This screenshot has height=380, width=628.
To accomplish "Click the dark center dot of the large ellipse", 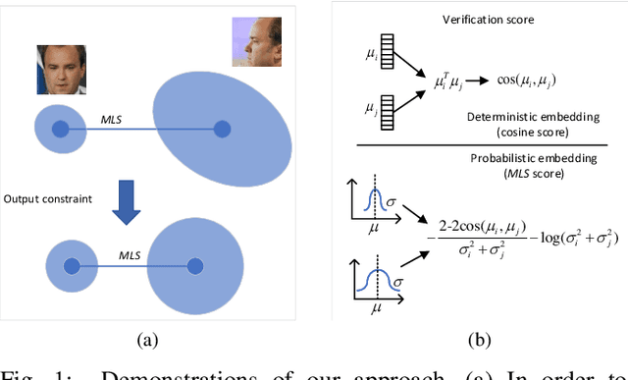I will (x=223, y=129).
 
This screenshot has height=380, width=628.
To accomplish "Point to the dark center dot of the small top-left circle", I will (x=60, y=129).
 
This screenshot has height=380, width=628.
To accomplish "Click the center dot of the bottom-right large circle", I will (x=194, y=265).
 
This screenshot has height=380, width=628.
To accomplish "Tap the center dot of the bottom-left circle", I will (x=72, y=265).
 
